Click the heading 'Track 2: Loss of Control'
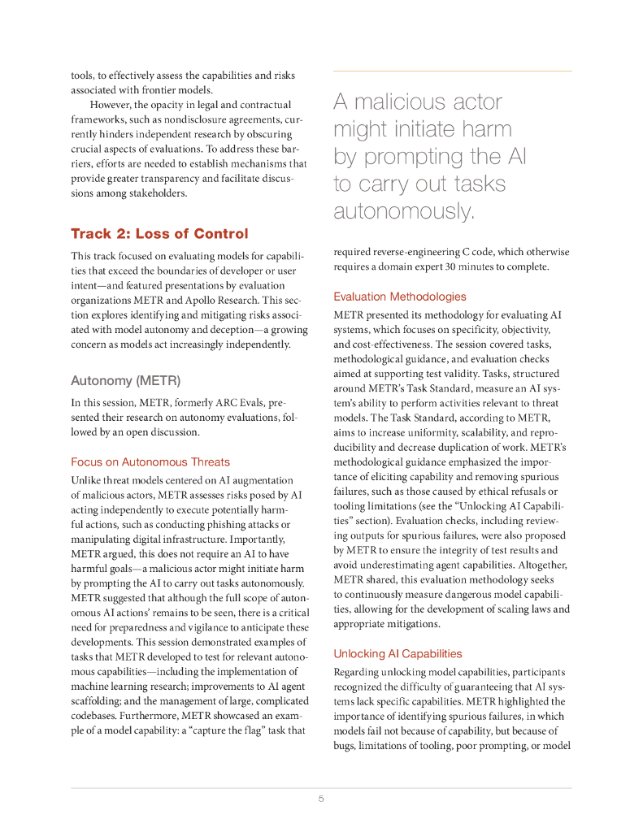pos(159,234)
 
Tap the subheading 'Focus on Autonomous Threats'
pos(150,462)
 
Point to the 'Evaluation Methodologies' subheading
pos(400,297)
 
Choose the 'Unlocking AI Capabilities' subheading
pos(398,653)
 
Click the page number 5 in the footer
pos(321,799)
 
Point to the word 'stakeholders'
pos(157,193)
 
